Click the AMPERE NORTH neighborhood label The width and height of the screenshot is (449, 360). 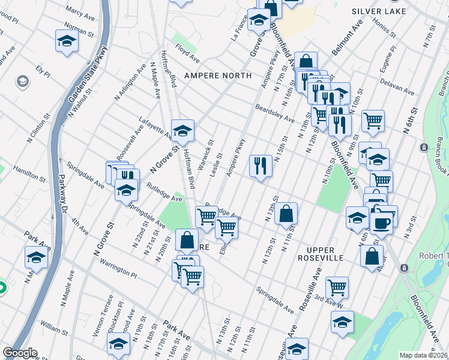(217, 76)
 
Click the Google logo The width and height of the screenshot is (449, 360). (20, 353)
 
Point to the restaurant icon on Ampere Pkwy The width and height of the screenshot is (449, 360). (261, 166)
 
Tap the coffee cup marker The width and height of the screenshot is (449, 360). (382, 222)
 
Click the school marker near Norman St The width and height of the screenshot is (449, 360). (67, 41)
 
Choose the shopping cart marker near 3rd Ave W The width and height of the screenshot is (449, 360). (337, 287)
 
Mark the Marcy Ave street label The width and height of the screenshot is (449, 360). (82, 11)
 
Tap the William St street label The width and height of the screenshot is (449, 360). (55, 329)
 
